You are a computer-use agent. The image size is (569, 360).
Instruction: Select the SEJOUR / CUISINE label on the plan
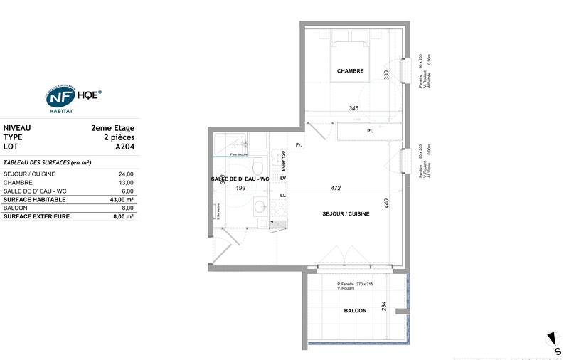[x=346, y=214]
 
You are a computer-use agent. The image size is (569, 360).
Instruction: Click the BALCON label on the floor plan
[x=354, y=311]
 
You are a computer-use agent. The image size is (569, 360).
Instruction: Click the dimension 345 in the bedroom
[x=353, y=108]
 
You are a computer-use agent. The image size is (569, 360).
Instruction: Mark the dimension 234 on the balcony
[x=383, y=306]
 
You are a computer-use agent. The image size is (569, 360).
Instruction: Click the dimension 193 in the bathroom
[x=240, y=188]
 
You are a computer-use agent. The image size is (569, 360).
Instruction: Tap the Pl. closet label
[x=370, y=132]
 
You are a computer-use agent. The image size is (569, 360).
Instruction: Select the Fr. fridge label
[x=299, y=145]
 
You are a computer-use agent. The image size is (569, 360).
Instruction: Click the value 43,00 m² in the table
[x=121, y=200]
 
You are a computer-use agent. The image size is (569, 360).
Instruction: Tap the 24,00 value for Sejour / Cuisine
[x=125, y=174]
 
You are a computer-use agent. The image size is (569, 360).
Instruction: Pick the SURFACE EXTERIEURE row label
[x=36, y=216]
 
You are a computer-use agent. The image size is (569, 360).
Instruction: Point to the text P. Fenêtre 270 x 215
[x=355, y=284]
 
